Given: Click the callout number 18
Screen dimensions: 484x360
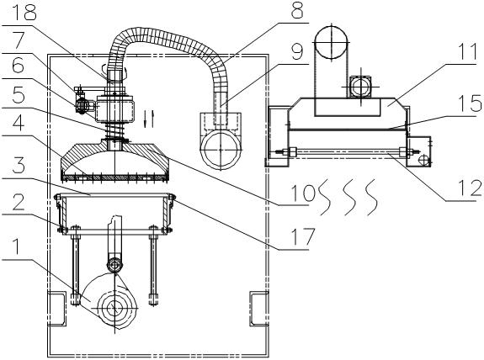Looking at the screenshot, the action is click(x=24, y=12).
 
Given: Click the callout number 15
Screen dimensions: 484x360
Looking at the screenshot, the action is click(x=471, y=103).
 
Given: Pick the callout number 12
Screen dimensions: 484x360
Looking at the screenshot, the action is click(x=471, y=188).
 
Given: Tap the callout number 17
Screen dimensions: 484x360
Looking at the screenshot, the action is click(x=302, y=236).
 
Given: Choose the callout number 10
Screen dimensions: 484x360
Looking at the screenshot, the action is click(x=303, y=193).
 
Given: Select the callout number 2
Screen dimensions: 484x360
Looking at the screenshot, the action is click(x=18, y=202).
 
